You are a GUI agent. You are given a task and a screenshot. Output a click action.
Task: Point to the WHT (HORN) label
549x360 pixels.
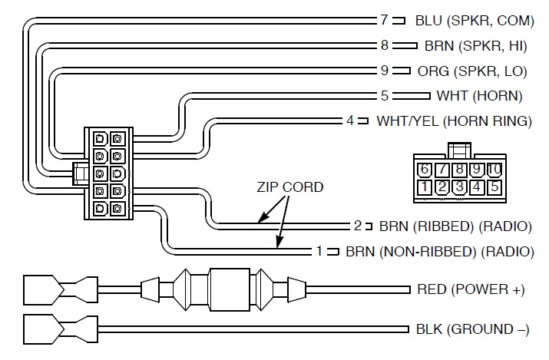[x=479, y=96]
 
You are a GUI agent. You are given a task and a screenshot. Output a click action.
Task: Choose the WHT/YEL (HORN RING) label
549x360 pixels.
[x=454, y=121]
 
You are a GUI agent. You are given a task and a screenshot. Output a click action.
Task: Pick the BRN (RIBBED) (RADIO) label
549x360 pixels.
[x=455, y=226]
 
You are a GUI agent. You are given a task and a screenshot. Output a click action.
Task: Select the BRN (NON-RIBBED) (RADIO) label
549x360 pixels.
[x=438, y=251]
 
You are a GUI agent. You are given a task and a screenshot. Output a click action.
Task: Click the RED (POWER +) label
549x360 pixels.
[x=470, y=289]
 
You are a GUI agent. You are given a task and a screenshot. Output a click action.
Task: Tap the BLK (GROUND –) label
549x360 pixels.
[x=472, y=329]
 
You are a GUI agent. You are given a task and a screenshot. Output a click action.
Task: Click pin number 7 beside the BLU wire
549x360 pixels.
[x=384, y=20]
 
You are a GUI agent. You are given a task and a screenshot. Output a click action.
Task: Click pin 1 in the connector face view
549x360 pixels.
[x=424, y=186]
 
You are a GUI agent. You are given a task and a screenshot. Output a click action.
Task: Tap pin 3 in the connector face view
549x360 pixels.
[x=459, y=186]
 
